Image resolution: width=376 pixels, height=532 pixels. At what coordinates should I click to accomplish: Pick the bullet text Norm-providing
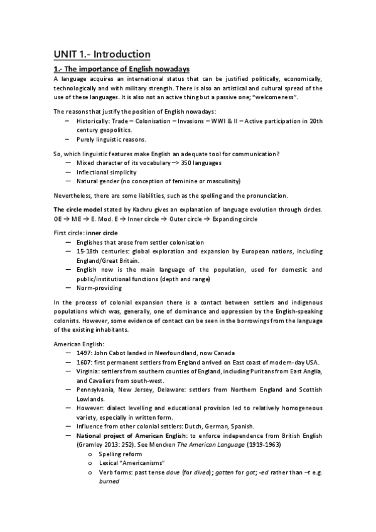(100, 288)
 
